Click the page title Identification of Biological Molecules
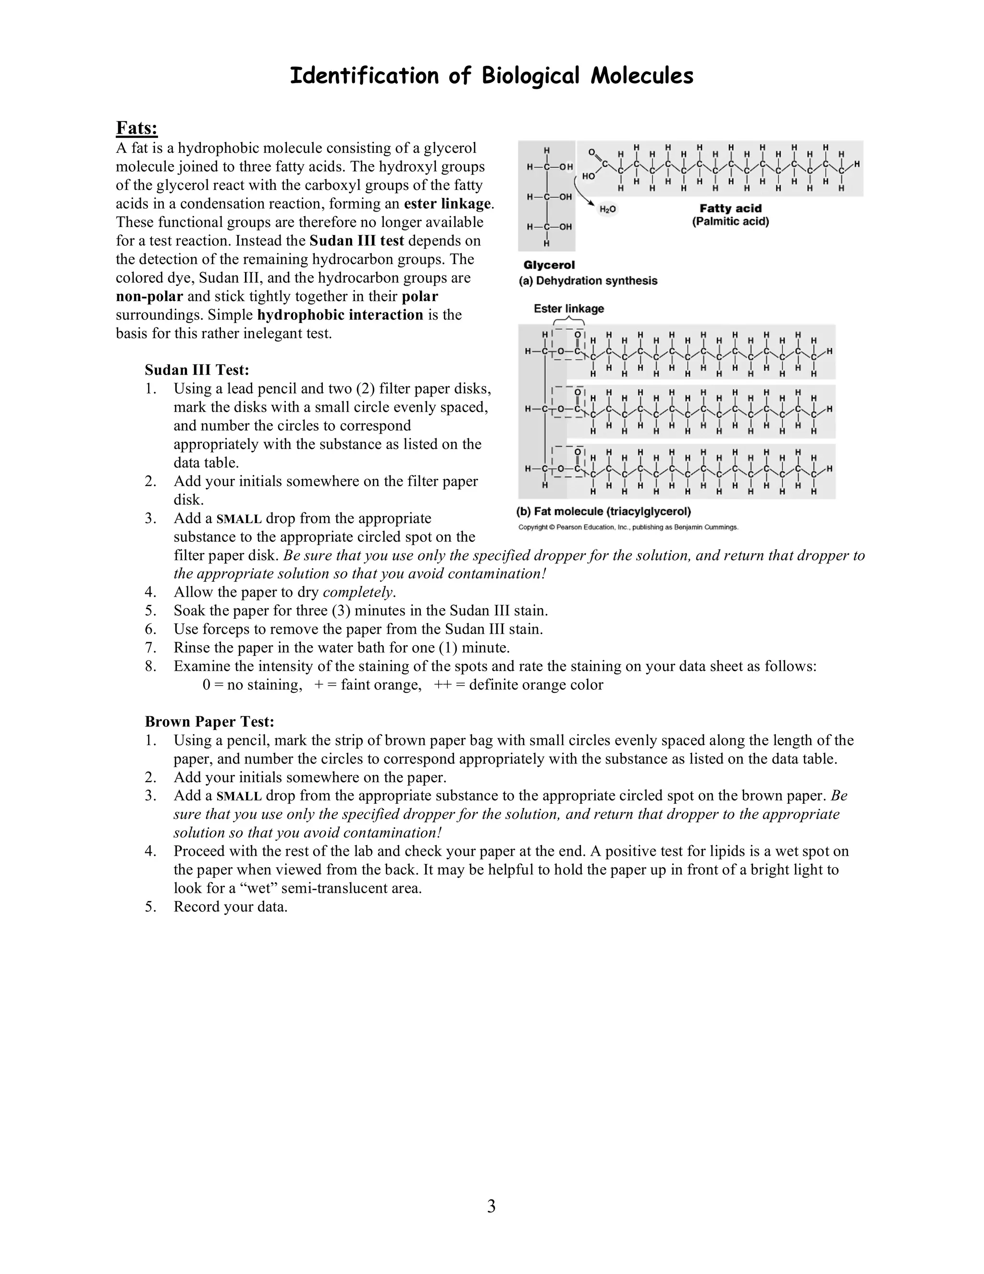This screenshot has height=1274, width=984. click(492, 76)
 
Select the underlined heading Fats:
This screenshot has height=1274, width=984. click(137, 128)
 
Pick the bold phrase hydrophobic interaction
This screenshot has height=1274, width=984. click(340, 315)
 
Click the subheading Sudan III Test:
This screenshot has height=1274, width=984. click(197, 370)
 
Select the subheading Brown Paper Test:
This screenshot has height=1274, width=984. click(209, 722)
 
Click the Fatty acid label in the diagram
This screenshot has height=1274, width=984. click(730, 208)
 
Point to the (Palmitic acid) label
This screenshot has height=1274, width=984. click(730, 222)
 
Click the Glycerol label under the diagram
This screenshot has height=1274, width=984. click(549, 265)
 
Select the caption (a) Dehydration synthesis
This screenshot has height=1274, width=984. click(588, 281)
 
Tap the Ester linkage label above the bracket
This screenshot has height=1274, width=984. click(568, 309)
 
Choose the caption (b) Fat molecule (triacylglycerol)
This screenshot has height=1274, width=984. click(603, 512)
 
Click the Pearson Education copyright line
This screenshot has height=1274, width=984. click(628, 527)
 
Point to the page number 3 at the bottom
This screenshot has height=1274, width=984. click(491, 1206)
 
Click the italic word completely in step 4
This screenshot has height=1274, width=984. click(358, 592)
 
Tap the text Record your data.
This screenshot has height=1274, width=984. click(230, 907)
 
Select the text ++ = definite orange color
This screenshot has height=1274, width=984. click(518, 685)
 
